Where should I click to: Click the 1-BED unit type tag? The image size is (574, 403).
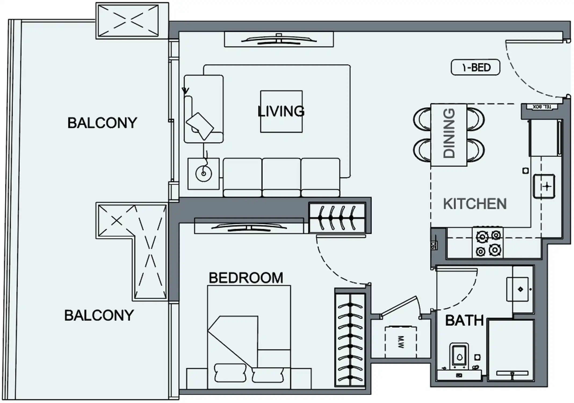pos(475,67)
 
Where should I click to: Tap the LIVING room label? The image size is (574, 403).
pos(281,111)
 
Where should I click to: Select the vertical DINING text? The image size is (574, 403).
pos(449,133)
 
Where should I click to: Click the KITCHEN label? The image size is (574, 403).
pos(475,204)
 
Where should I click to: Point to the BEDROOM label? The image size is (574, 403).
pos(246,278)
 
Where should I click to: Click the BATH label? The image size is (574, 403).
pos(464,321)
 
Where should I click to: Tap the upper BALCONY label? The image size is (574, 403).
pos(102,123)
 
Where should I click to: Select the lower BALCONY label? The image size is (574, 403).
pos(99,315)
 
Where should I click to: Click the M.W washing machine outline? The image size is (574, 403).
pos(401,342)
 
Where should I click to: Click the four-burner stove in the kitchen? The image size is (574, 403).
pos(488,243)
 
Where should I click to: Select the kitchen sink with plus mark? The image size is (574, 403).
pos(544,186)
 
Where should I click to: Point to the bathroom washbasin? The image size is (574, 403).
pos(518,289)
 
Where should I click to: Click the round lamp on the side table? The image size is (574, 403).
pos(203,174)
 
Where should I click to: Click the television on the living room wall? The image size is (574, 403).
pos(279,39)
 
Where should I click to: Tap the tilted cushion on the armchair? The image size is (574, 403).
pos(200,126)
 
